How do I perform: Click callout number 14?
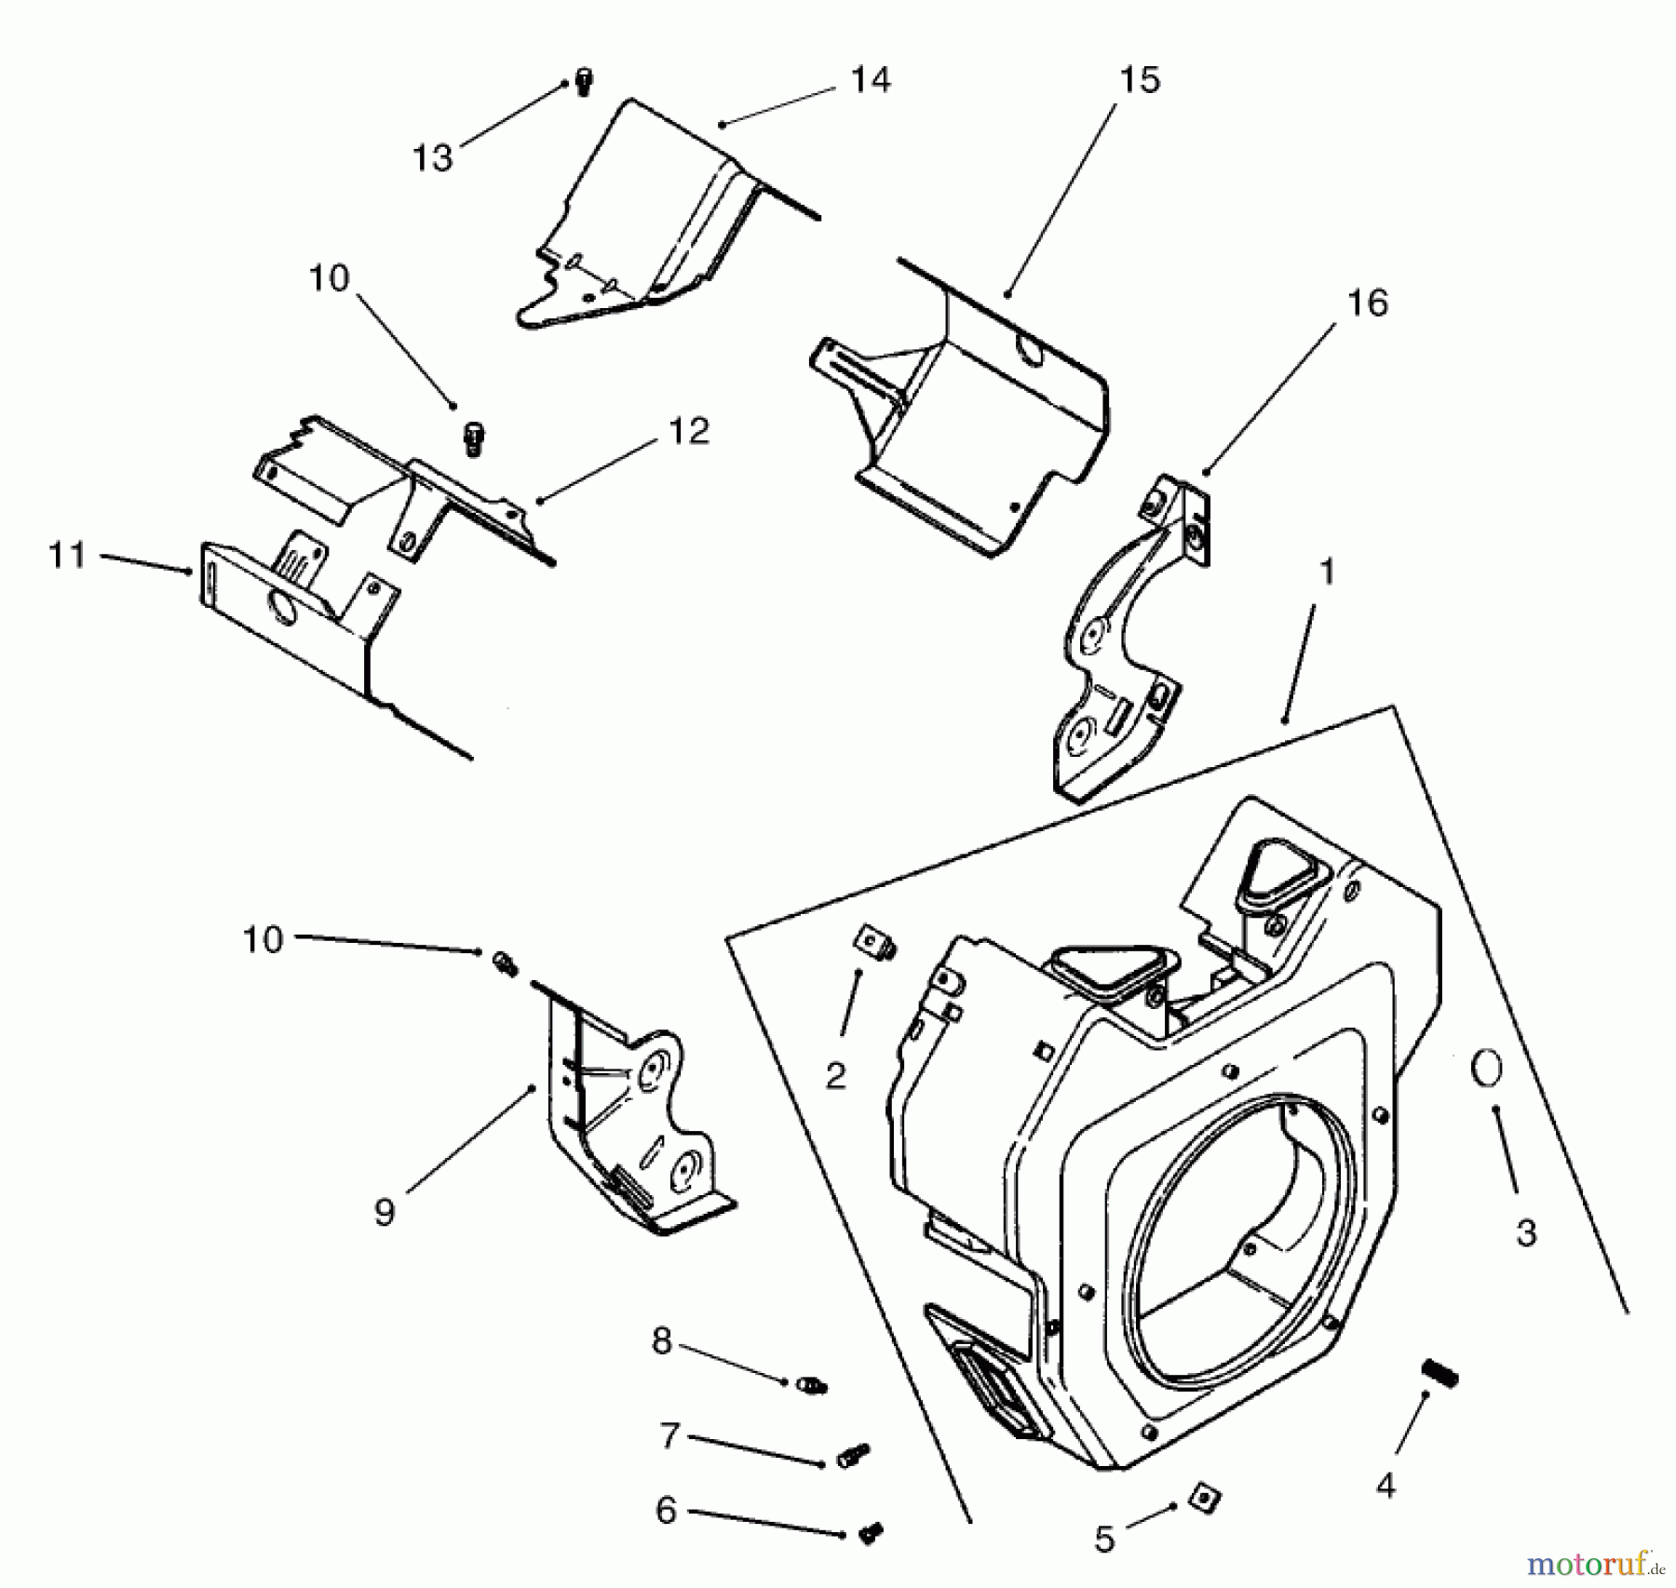coord(871,80)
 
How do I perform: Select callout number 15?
coord(1140,80)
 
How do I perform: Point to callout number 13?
coord(433,158)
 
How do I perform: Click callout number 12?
coord(689,430)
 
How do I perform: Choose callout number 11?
coord(67,556)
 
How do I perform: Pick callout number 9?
coord(385,1212)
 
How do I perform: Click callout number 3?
coord(1526,1232)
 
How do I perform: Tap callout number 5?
coord(1104,1540)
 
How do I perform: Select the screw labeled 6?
coord(871,1533)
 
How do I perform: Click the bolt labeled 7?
coord(854,1455)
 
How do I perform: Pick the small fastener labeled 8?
coord(813,1385)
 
